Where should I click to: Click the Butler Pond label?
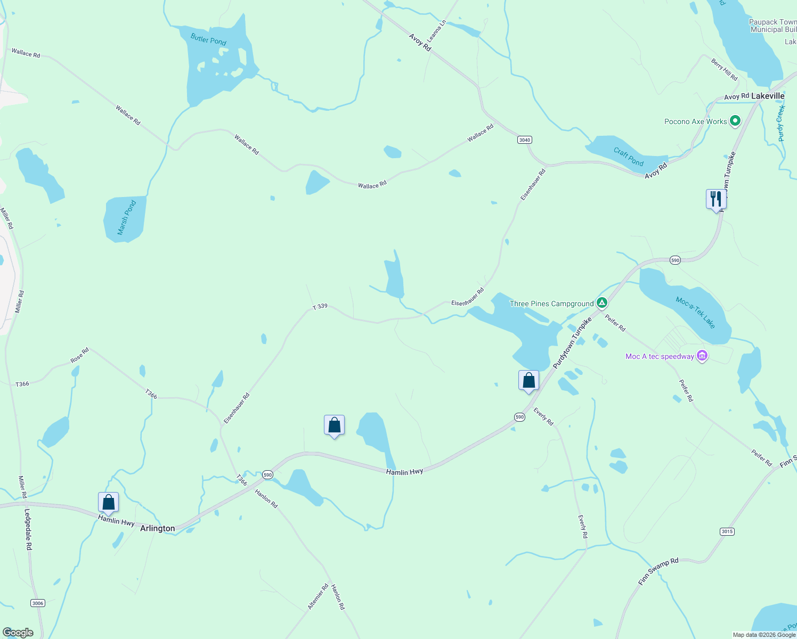[208, 39]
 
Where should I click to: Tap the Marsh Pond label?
[126, 218]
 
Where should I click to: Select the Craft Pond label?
[629, 157]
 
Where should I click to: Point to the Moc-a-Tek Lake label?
[695, 313]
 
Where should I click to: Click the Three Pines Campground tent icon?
[602, 303]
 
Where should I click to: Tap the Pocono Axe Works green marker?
[735, 121]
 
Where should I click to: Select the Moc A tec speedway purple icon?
[702, 356]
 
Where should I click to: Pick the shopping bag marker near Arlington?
[108, 502]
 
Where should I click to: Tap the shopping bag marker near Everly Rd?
[528, 380]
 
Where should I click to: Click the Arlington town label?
[157, 528]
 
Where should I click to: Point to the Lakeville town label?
[768, 96]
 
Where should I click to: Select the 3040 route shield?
[525, 140]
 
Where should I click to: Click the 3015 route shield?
[727, 531]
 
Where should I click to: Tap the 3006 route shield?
[38, 603]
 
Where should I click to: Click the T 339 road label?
[320, 307]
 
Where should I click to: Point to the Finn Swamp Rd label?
[658, 572]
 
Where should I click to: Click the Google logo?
[18, 632]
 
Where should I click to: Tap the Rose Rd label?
[80, 356]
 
